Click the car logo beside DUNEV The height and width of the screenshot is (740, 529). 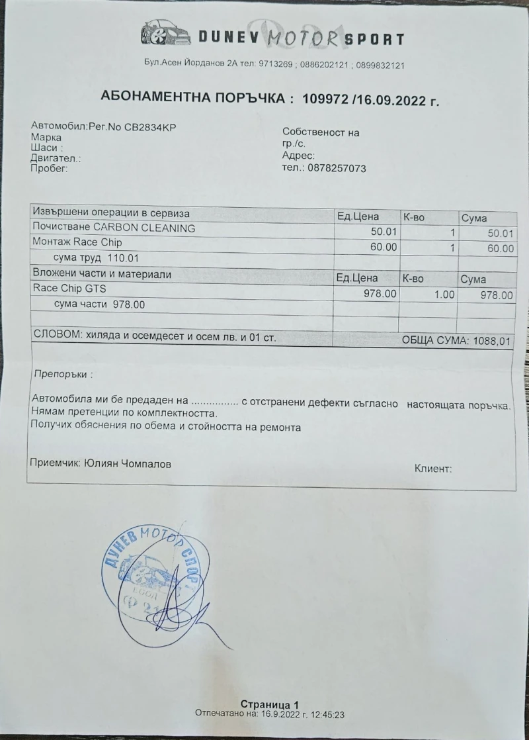coord(165,34)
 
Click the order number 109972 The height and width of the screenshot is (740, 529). coord(325,99)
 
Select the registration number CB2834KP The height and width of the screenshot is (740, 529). coord(150,127)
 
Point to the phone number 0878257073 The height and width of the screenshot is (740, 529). coord(337,168)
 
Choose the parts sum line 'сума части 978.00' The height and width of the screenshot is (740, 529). coord(99,304)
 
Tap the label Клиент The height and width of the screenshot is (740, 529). coord(433,469)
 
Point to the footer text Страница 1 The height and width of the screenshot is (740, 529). coord(270,704)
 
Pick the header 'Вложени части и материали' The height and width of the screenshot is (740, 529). coord(102,274)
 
